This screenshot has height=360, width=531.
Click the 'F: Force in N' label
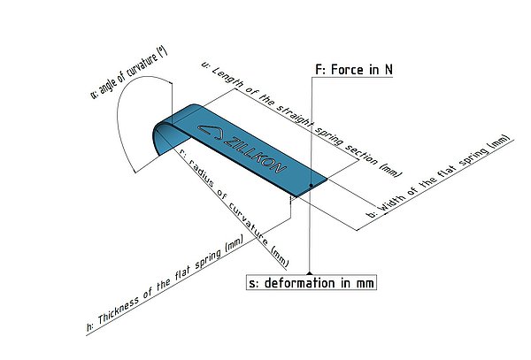point(354,70)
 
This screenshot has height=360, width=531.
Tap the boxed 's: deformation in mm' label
point(312,283)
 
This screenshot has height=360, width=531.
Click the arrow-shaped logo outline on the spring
point(211,132)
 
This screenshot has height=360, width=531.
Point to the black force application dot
point(311,185)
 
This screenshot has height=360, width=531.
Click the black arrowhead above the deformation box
point(310,272)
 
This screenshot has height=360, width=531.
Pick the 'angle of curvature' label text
point(128,73)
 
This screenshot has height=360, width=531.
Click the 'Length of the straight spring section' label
point(302,119)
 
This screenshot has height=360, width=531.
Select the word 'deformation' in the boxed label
point(295,283)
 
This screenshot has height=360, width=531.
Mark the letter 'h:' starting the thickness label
point(90,326)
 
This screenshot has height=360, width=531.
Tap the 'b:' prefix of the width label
point(372,214)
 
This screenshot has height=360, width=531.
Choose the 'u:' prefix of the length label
point(205,65)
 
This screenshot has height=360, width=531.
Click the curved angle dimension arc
point(126,111)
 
